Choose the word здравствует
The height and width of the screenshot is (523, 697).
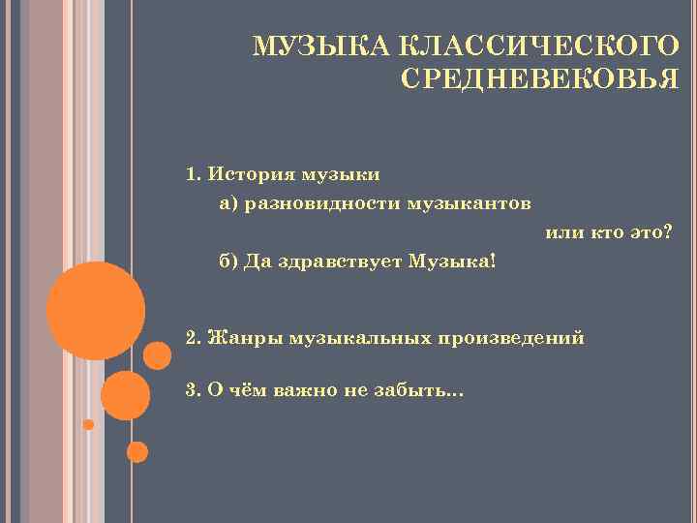345,261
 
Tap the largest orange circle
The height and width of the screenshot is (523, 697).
96,311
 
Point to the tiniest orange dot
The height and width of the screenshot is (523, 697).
88,424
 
